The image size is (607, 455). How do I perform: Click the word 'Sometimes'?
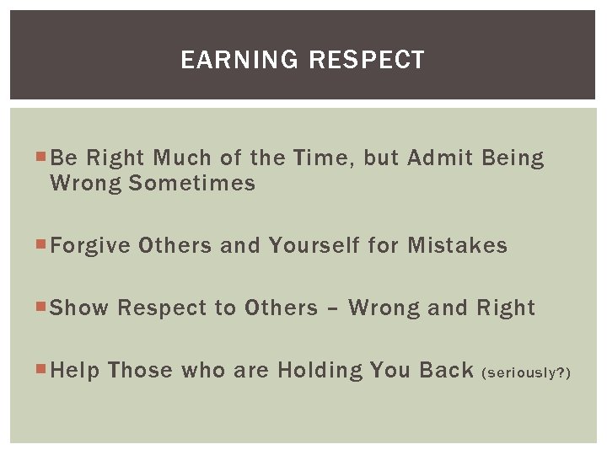click(x=191, y=183)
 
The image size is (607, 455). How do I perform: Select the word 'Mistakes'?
click(x=457, y=245)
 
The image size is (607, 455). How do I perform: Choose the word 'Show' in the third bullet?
click(x=80, y=308)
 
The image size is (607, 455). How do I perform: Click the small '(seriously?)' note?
click(x=525, y=372)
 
